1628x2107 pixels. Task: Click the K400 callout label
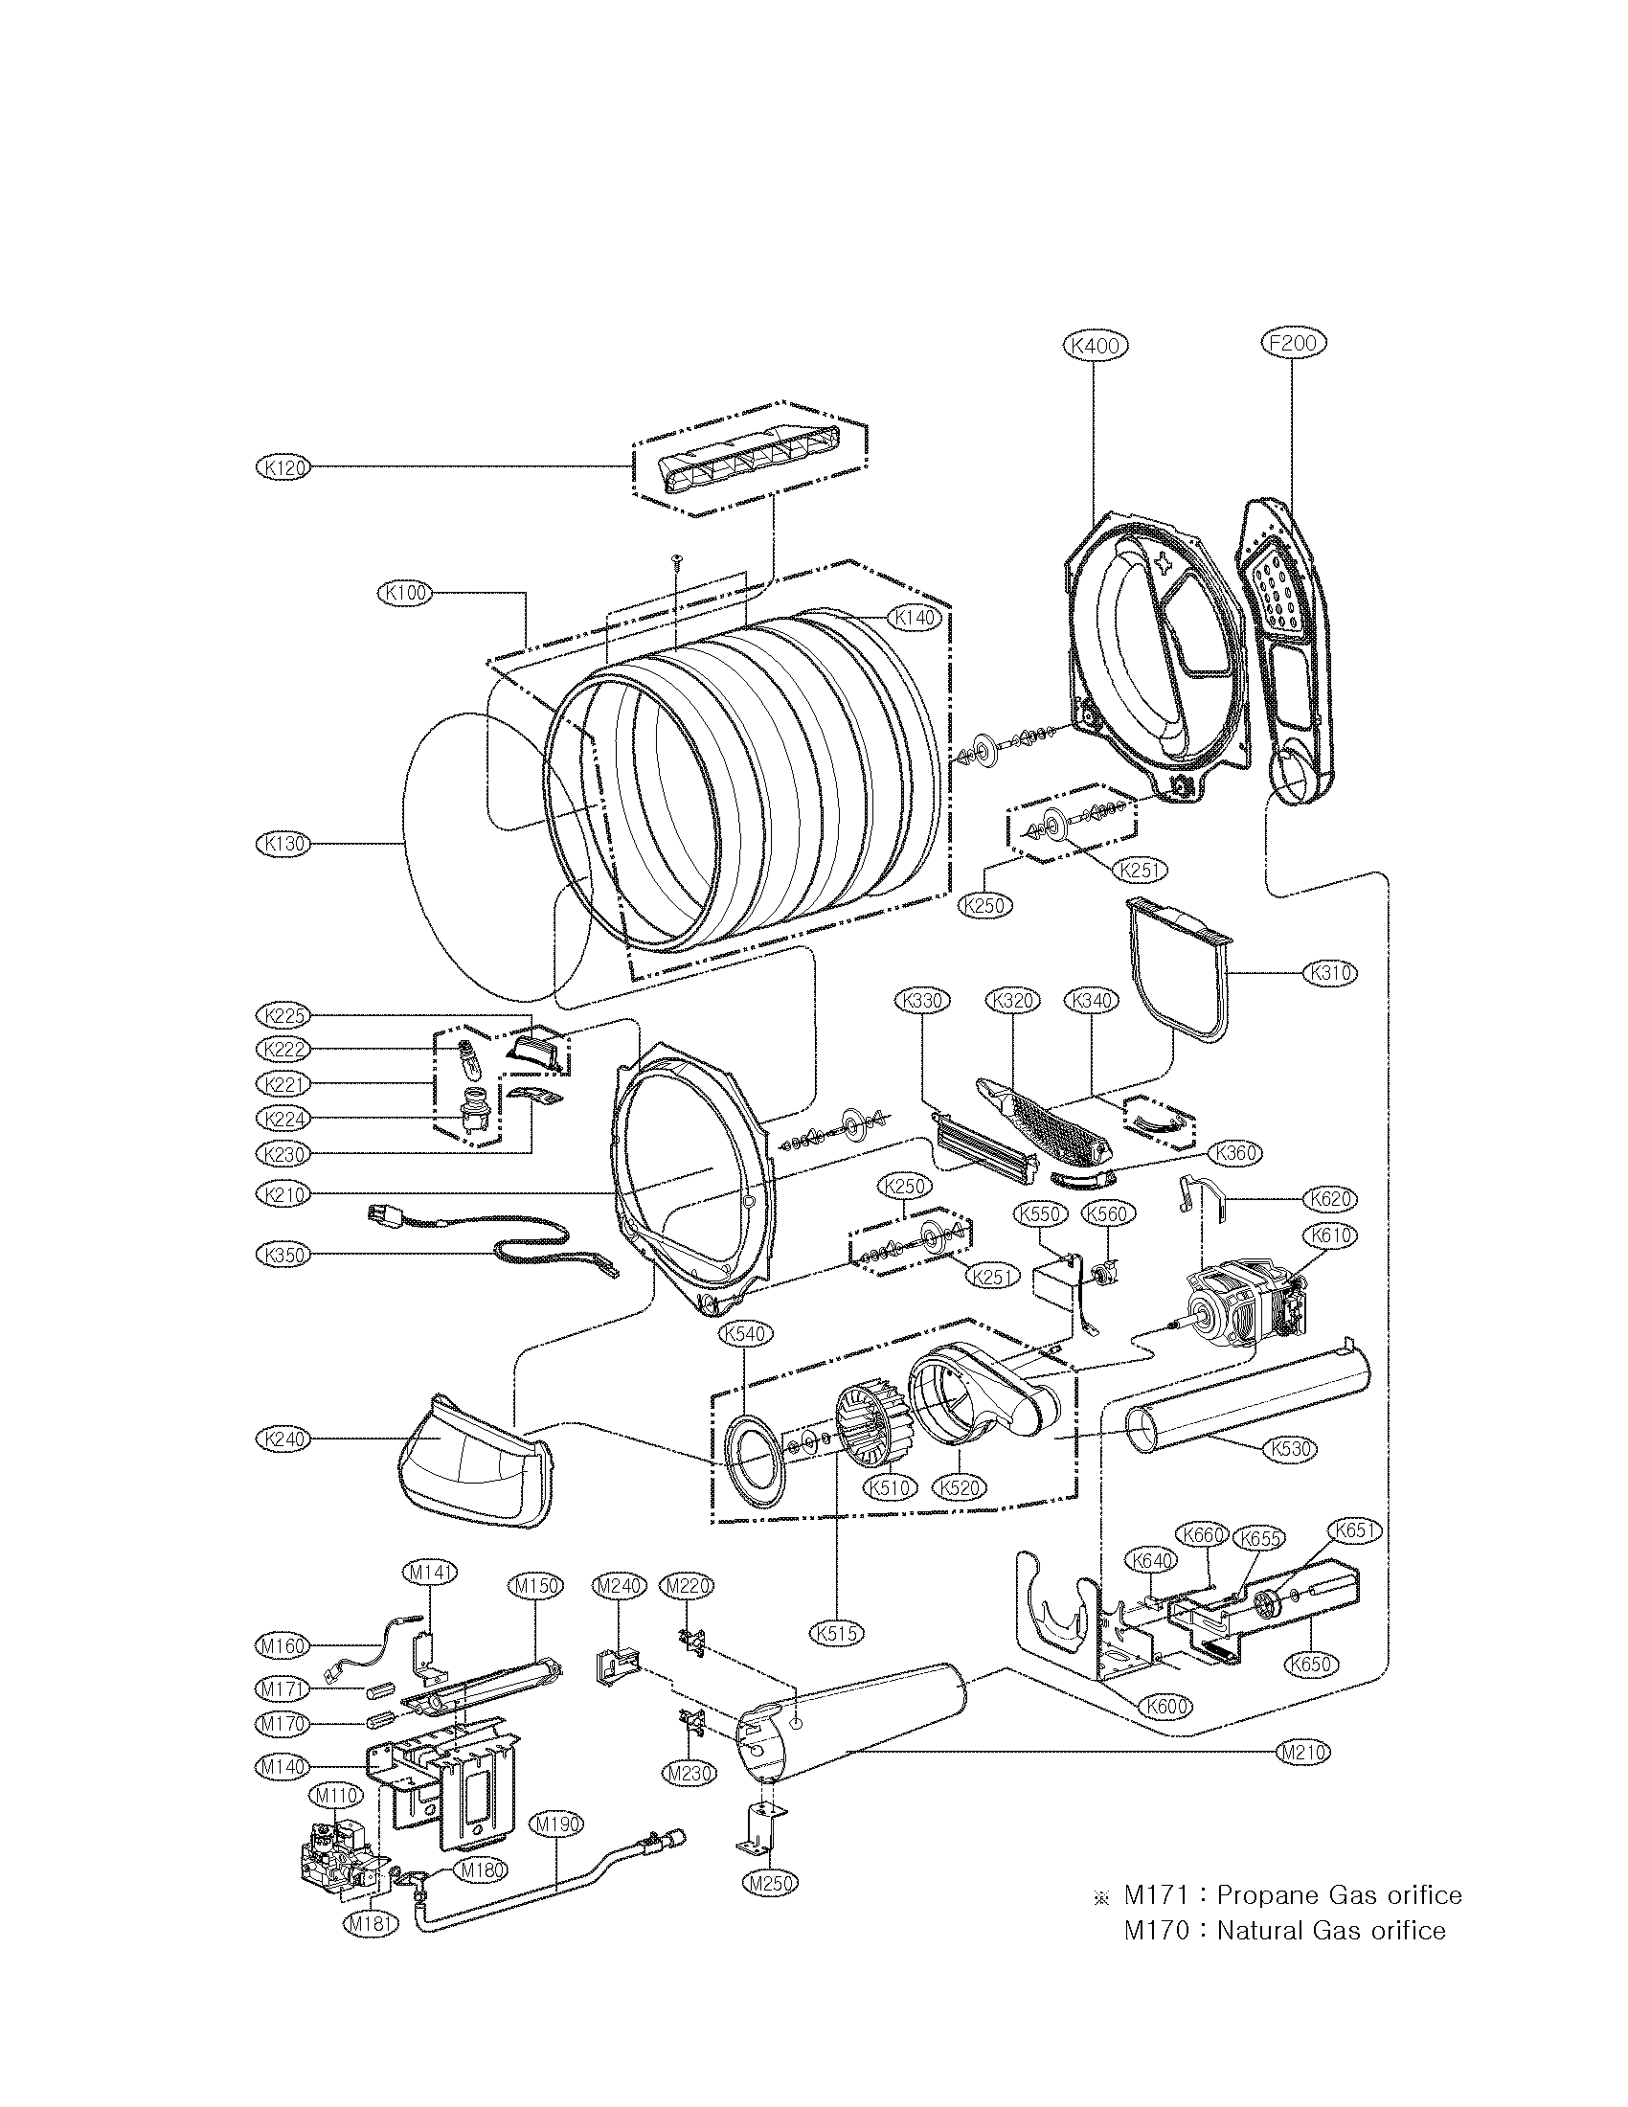point(1094,345)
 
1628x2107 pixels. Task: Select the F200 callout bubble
point(1293,343)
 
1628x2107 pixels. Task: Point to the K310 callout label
point(1330,973)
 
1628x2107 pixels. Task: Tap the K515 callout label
point(836,1633)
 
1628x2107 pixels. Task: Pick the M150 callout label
point(535,1586)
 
